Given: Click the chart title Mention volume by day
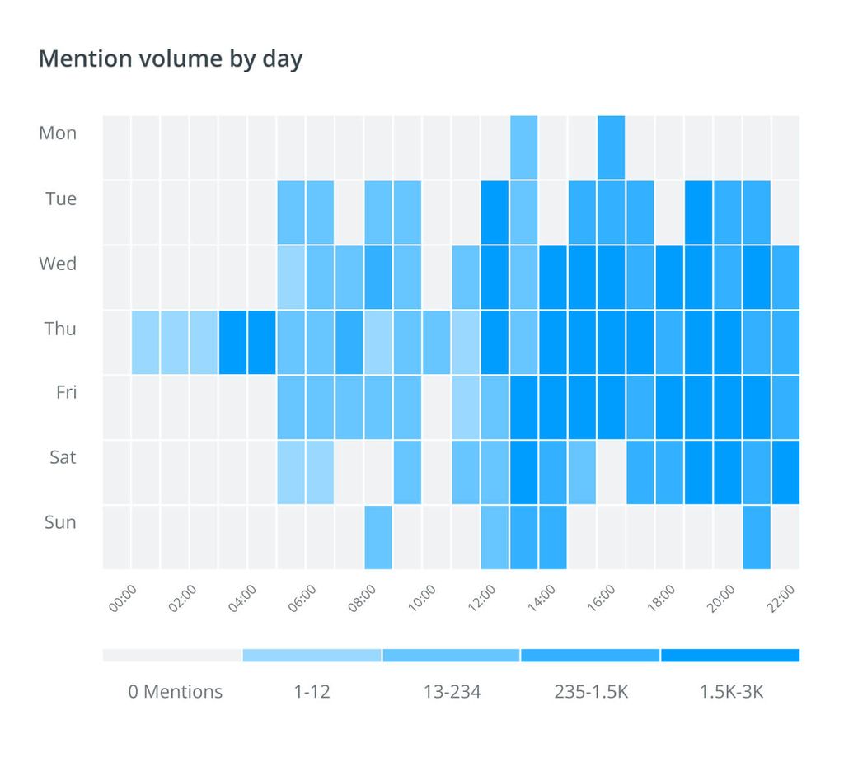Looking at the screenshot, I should click(171, 59).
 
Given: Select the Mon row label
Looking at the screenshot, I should click(58, 133).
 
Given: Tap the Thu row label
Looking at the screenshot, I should click(60, 329).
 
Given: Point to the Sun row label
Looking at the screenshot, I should click(60, 521).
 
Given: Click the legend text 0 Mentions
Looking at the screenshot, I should click(175, 691).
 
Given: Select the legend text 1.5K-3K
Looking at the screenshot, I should click(731, 691).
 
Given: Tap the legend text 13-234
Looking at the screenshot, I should click(452, 691).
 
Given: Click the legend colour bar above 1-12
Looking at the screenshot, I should click(312, 656).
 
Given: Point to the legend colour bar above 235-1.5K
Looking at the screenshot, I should click(590, 656).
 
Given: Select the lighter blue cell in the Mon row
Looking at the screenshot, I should click(523, 147).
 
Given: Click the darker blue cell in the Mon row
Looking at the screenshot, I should click(611, 147).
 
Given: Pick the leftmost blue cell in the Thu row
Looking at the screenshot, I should click(146, 342).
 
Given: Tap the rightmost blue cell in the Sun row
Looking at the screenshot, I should click(757, 537).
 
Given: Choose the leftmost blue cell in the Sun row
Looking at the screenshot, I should click(378, 537).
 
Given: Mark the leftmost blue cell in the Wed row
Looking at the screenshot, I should click(291, 277).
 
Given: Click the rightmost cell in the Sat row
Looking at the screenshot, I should click(785, 472).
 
